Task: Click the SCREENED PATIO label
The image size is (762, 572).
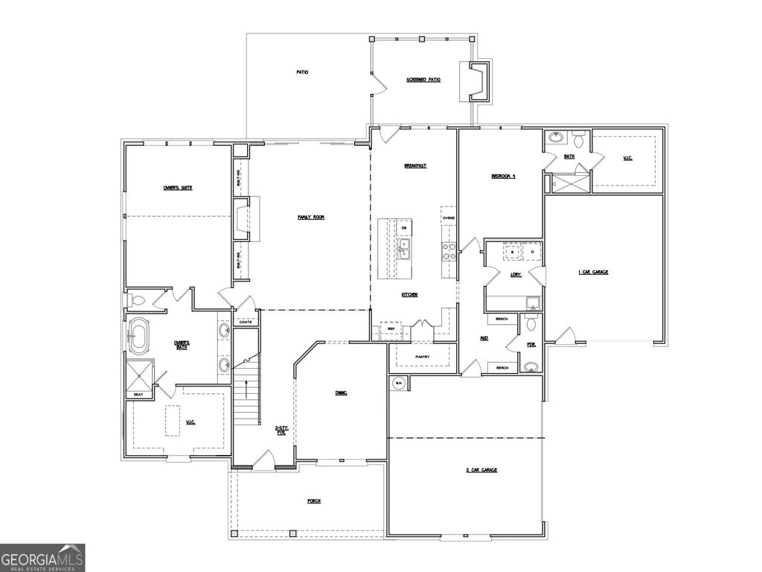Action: [423, 80]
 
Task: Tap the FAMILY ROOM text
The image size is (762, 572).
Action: [311, 217]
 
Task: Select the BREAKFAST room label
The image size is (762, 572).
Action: [414, 166]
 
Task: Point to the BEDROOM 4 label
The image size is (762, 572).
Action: [503, 177]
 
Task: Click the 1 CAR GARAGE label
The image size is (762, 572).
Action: [593, 273]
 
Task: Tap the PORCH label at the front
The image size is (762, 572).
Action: [314, 501]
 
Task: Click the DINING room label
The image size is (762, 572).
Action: [342, 393]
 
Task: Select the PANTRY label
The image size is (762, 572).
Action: [422, 357]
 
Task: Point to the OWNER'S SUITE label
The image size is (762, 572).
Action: [178, 188]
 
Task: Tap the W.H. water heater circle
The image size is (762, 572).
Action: [398, 384]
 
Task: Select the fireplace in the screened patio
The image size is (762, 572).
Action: [476, 80]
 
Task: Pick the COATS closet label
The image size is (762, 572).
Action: [245, 322]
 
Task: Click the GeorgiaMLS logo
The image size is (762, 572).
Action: [42, 558]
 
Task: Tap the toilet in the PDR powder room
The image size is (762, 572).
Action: [531, 325]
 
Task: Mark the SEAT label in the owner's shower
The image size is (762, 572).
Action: [138, 395]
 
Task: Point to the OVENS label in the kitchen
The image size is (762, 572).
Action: [448, 218]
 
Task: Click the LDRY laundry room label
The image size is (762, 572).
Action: [515, 275]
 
